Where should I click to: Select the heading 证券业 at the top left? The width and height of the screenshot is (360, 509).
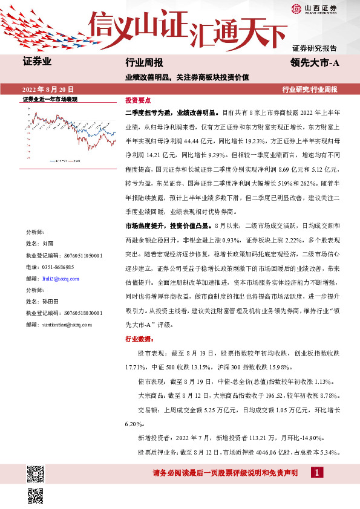(x=37, y=62)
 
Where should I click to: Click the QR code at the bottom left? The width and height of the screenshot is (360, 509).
(x=36, y=476)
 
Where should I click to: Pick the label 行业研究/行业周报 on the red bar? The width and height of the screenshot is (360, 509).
(x=310, y=89)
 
